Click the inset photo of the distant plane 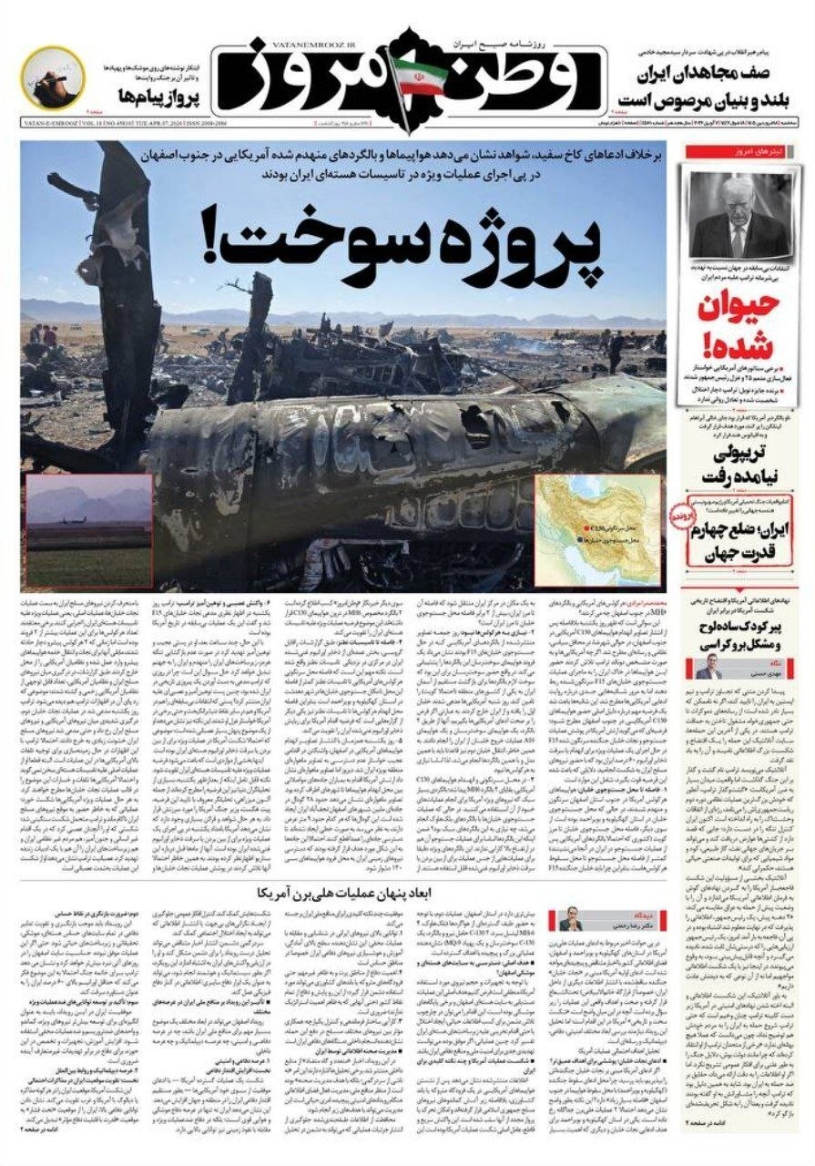[87, 531]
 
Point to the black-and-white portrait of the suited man [739, 216]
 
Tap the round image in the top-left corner [53, 80]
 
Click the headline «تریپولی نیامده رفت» [738, 465]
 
